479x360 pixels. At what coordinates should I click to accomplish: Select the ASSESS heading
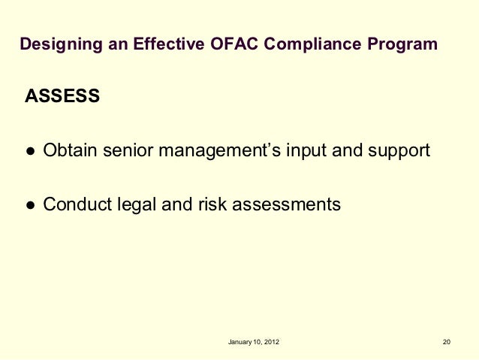click(62, 97)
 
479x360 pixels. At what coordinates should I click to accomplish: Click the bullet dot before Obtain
click(29, 150)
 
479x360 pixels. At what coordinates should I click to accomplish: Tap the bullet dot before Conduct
click(29, 204)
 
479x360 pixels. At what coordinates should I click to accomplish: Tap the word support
click(398, 150)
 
